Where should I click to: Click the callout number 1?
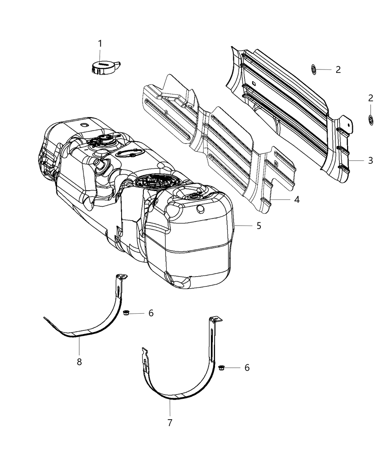pyautogui.click(x=100, y=44)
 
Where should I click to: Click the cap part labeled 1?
pyautogui.click(x=105, y=67)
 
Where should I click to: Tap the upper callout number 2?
pyautogui.click(x=338, y=70)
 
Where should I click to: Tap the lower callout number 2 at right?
pyautogui.click(x=370, y=98)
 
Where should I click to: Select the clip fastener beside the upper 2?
pyautogui.click(x=314, y=69)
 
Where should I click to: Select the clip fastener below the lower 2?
pyautogui.click(x=370, y=119)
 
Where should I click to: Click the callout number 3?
pyautogui.click(x=370, y=160)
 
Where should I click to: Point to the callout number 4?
pyautogui.click(x=297, y=199)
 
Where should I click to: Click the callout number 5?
pyautogui.click(x=259, y=226)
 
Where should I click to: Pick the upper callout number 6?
pyautogui.click(x=151, y=313)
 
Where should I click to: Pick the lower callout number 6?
pyautogui.click(x=247, y=368)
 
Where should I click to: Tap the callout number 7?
pyautogui.click(x=170, y=423)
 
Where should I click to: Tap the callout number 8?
pyautogui.click(x=79, y=362)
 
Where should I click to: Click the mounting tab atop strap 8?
pyautogui.click(x=122, y=277)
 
